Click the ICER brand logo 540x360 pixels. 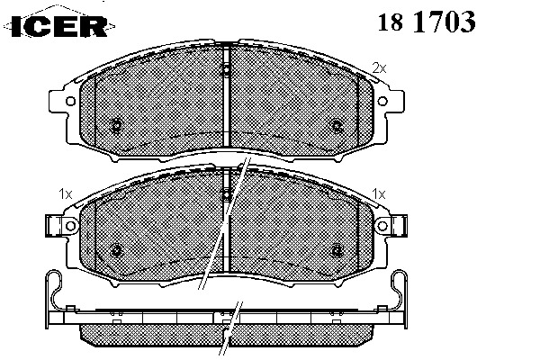pos(59,25)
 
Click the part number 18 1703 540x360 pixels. pos(427,22)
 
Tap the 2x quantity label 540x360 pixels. pos(379,68)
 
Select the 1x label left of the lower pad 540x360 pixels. pos(66,194)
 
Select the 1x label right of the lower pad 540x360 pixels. pos(379,194)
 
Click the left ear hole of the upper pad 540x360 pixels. pos(70,102)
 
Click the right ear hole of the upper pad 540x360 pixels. pos(382,102)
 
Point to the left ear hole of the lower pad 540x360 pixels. pos(70,226)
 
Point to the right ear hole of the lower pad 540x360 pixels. pos(382,226)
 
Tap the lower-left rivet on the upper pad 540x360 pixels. pos(117,126)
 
